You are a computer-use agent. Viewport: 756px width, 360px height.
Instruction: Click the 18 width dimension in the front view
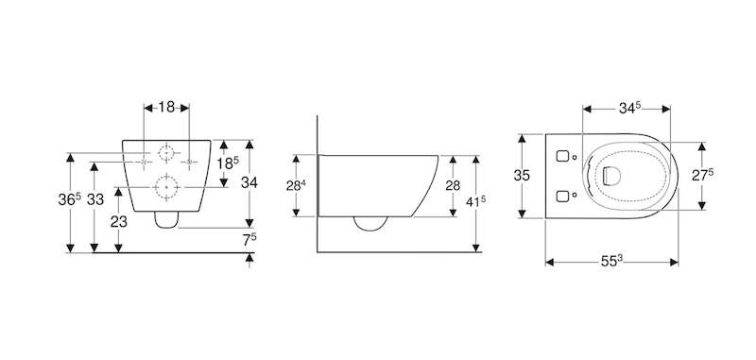click(x=166, y=107)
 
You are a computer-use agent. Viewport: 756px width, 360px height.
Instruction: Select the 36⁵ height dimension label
click(x=70, y=199)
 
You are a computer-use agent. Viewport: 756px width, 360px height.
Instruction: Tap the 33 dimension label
click(x=95, y=199)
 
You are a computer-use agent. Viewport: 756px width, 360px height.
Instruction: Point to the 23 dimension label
click(x=119, y=222)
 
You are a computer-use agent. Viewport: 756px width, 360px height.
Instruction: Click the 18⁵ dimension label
click(x=228, y=163)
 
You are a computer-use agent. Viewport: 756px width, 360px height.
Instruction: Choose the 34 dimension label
click(x=249, y=182)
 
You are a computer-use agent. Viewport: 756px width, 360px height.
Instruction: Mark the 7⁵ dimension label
click(x=249, y=239)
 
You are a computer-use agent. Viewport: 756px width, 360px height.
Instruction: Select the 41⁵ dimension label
click(x=475, y=201)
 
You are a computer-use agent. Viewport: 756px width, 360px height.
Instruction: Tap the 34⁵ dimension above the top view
click(x=629, y=109)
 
